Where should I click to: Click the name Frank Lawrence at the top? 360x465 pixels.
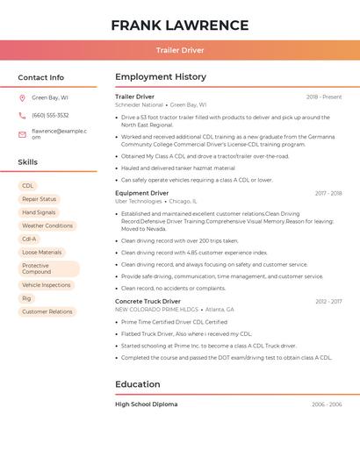(180, 25)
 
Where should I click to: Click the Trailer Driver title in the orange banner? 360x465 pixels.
(180, 50)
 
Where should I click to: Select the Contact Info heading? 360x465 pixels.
(41, 77)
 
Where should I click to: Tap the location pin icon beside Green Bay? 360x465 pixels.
(22, 98)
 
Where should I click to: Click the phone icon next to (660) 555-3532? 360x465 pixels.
(22, 115)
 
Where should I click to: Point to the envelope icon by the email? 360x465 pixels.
(22, 133)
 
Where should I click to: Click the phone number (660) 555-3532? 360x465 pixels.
(50, 115)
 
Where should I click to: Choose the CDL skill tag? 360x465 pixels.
(28, 186)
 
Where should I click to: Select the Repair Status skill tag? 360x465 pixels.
(39, 199)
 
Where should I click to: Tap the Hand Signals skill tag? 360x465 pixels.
(39, 212)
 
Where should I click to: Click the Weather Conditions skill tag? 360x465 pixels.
(47, 225)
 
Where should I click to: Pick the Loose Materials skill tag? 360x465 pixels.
(42, 252)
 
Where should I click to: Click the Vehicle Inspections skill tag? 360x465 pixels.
(47, 285)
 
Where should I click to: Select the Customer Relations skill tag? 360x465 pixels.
(47, 311)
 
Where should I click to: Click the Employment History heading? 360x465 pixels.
(161, 77)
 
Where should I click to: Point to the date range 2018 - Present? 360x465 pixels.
(324, 97)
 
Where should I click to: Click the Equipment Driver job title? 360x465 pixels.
(142, 193)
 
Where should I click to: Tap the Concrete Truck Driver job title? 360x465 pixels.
(148, 301)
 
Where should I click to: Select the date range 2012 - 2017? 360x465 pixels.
(328, 301)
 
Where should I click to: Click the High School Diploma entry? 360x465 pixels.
(147, 404)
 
